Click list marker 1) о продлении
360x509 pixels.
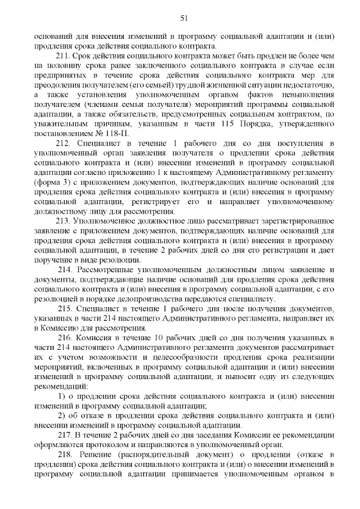tap(62, 397)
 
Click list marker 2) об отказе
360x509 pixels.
tap(62, 416)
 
